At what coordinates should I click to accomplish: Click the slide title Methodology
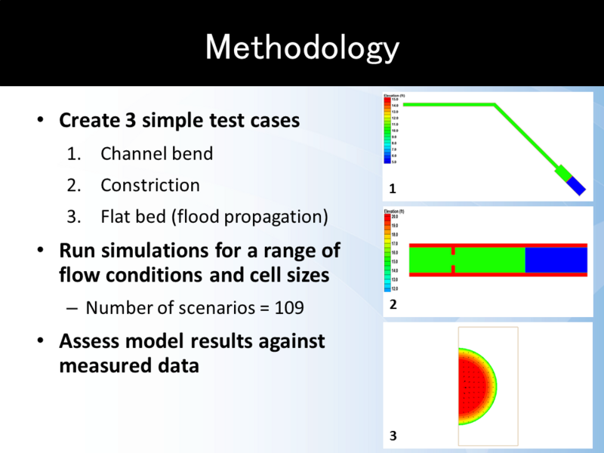pos(302,48)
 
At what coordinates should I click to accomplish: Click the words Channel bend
pos(156,154)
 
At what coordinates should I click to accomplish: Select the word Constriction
pos(150,185)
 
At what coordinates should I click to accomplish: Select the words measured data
pos(129,366)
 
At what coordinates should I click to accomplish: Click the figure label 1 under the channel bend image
pos(393,187)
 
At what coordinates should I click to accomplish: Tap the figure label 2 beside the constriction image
pos(393,305)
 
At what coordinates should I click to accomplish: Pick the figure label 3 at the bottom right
pos(393,436)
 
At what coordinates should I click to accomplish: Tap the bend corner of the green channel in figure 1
pos(495,105)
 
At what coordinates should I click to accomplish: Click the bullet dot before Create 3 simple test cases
pos(41,122)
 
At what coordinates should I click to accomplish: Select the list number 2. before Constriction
pos(73,185)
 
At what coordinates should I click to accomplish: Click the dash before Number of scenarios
pos(72,308)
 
